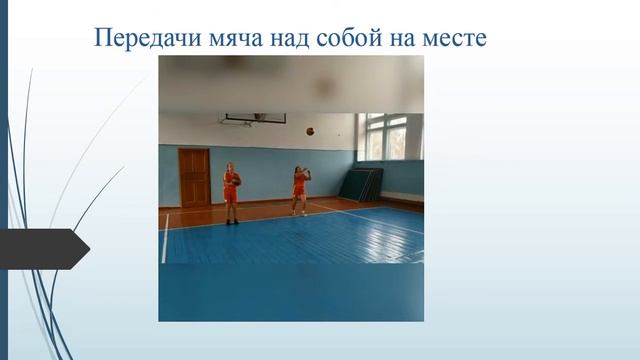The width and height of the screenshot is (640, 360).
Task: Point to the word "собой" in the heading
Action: click(346, 38)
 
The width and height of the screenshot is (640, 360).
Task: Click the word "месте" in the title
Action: click(452, 38)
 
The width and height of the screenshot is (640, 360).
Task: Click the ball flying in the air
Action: click(310, 131)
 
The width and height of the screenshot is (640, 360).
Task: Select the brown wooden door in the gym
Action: click(194, 177)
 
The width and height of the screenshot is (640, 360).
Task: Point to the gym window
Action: click(389, 136)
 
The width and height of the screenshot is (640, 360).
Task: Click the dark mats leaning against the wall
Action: click(361, 184)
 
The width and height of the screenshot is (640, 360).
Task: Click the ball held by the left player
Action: click(236, 179)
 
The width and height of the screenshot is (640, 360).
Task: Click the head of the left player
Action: click(231, 167)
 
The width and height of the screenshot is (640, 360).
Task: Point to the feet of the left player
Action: click(232, 221)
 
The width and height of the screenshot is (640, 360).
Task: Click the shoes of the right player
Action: click(299, 213)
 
